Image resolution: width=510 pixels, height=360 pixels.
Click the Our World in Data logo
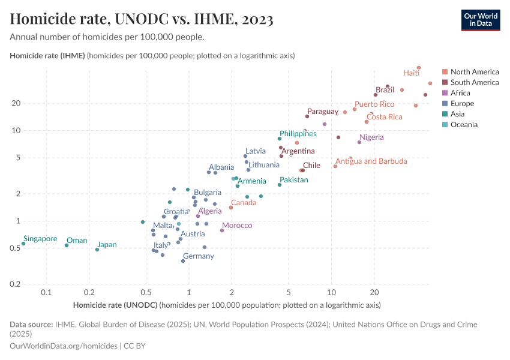pos(481,19)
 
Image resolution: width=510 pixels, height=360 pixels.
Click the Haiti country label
pos(411,73)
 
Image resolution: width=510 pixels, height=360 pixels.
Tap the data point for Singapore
pos(23,244)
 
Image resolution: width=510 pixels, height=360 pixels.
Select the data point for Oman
pos(67,245)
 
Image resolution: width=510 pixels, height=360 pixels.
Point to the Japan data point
pos(97,250)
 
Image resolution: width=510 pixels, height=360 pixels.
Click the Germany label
pos(198,256)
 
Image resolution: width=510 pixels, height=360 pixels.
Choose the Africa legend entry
pos(460,93)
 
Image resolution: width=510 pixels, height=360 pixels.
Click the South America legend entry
pos(474,82)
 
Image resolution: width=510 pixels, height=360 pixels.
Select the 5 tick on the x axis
pos(289,293)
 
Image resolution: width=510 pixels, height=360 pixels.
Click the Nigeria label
pos(371,137)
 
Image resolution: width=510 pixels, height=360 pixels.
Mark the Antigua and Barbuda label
pos(371,161)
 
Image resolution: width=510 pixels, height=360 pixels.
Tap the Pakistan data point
pos(280,185)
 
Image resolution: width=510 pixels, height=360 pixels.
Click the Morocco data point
pos(222,230)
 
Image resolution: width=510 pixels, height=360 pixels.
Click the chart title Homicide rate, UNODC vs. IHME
pos(142,20)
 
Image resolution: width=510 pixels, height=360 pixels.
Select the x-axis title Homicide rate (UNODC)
pos(115,305)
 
